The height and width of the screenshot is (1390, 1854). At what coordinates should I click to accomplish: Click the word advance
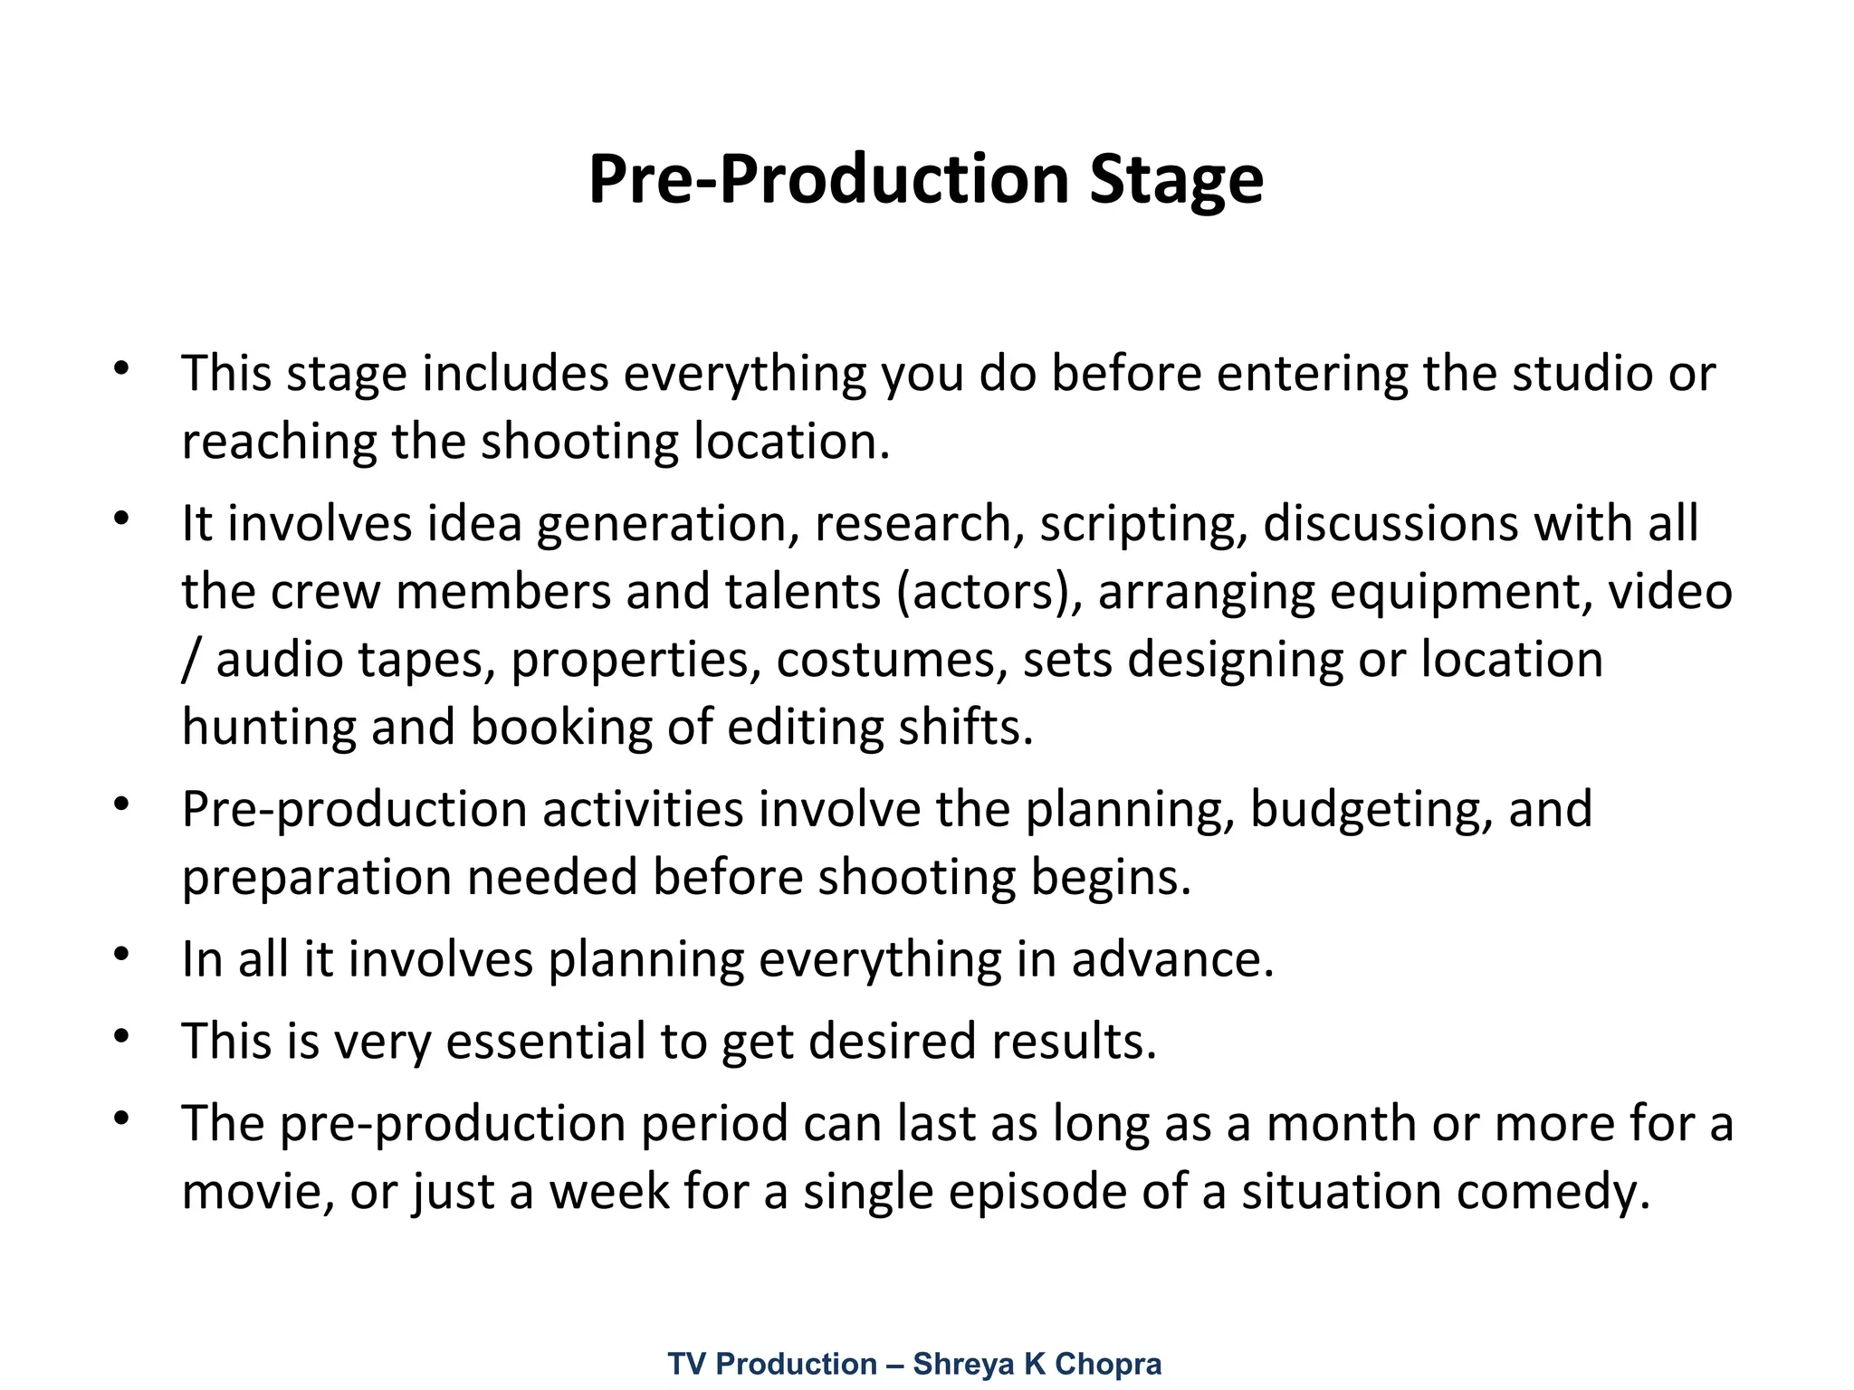pyautogui.click(x=1172, y=959)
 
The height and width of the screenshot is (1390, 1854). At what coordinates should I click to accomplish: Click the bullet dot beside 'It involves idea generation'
pyautogui.click(x=122, y=519)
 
